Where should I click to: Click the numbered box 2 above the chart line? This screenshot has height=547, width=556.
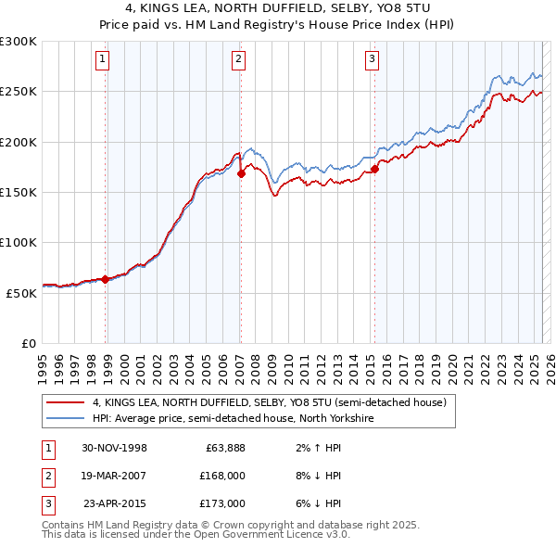click(238, 60)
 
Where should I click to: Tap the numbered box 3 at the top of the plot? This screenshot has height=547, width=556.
click(372, 60)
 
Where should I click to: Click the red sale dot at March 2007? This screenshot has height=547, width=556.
click(241, 173)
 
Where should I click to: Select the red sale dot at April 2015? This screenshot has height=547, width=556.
click(375, 170)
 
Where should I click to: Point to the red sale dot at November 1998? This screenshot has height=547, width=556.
click(106, 278)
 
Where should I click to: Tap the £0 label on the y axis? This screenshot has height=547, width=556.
click(29, 343)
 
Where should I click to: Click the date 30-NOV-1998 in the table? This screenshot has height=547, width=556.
click(114, 448)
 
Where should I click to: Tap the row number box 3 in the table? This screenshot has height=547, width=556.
click(47, 503)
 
